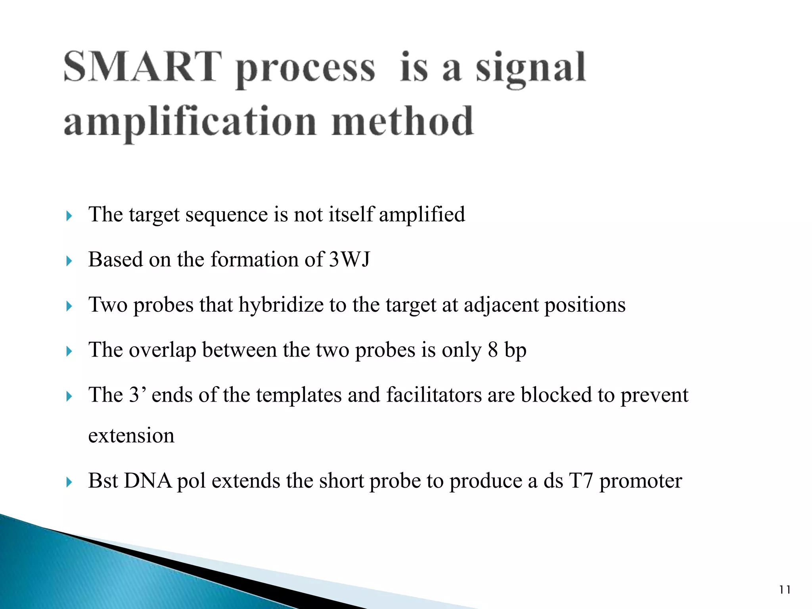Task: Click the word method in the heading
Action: click(x=402, y=121)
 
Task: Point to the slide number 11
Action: click(x=784, y=590)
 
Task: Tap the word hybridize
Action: click(x=281, y=305)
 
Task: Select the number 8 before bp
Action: click(x=492, y=350)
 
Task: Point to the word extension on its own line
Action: click(x=131, y=436)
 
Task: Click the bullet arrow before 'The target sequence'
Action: click(x=69, y=216)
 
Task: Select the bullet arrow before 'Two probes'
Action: click(x=69, y=306)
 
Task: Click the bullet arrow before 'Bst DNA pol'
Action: click(x=69, y=482)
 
